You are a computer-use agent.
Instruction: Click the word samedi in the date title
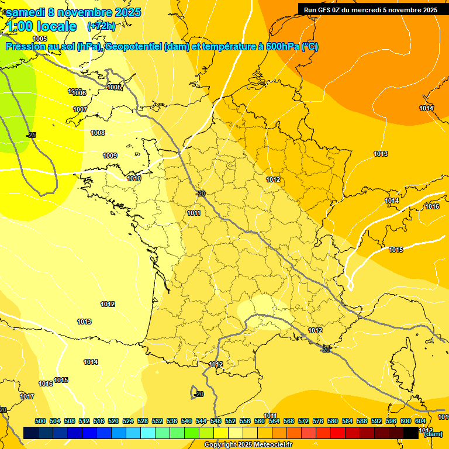[27, 12]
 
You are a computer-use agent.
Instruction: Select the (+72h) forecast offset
[101, 26]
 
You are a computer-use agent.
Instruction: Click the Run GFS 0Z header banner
[370, 10]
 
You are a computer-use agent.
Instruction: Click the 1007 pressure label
[80, 109]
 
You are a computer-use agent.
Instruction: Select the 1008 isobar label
[98, 133]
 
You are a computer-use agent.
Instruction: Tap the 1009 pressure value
[110, 156]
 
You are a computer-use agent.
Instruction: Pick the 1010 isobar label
[134, 178]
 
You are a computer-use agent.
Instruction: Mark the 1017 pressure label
[27, 396]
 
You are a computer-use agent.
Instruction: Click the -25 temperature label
[32, 135]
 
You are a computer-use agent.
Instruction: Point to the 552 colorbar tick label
[230, 421]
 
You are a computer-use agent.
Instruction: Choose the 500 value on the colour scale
[40, 421]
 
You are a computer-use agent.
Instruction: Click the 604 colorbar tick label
[420, 421]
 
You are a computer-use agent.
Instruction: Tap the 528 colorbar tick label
[143, 421]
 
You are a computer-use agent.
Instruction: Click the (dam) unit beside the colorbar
[433, 434]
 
